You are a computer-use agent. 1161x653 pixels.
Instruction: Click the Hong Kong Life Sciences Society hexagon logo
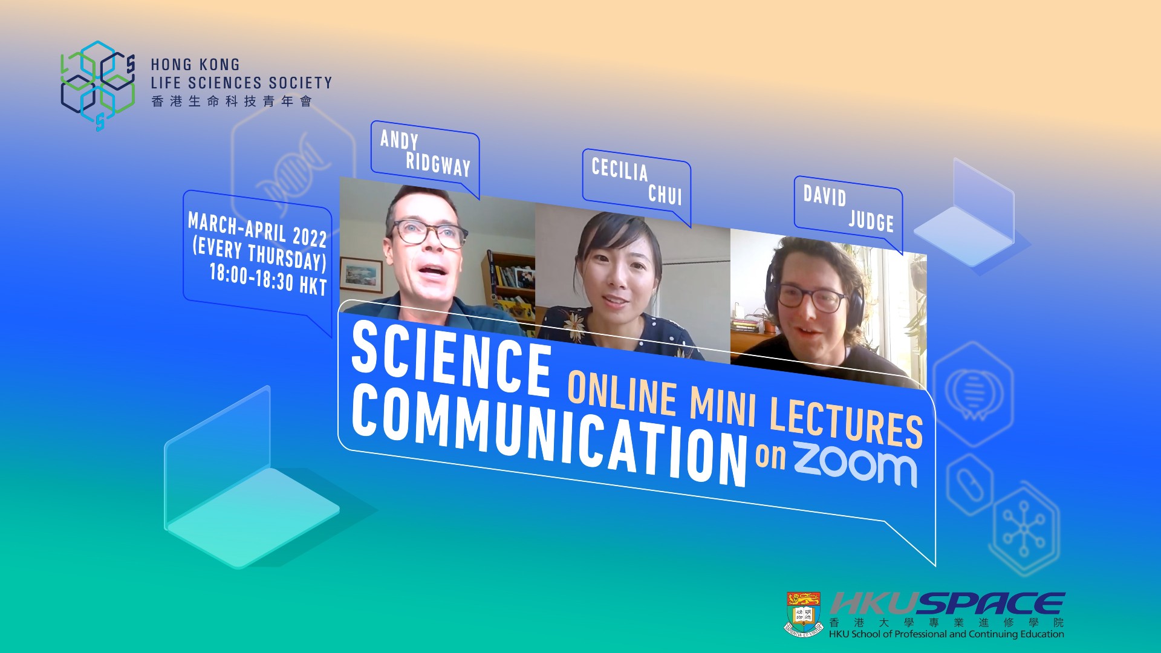point(98,85)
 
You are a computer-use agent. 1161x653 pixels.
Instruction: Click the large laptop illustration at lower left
point(251,484)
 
